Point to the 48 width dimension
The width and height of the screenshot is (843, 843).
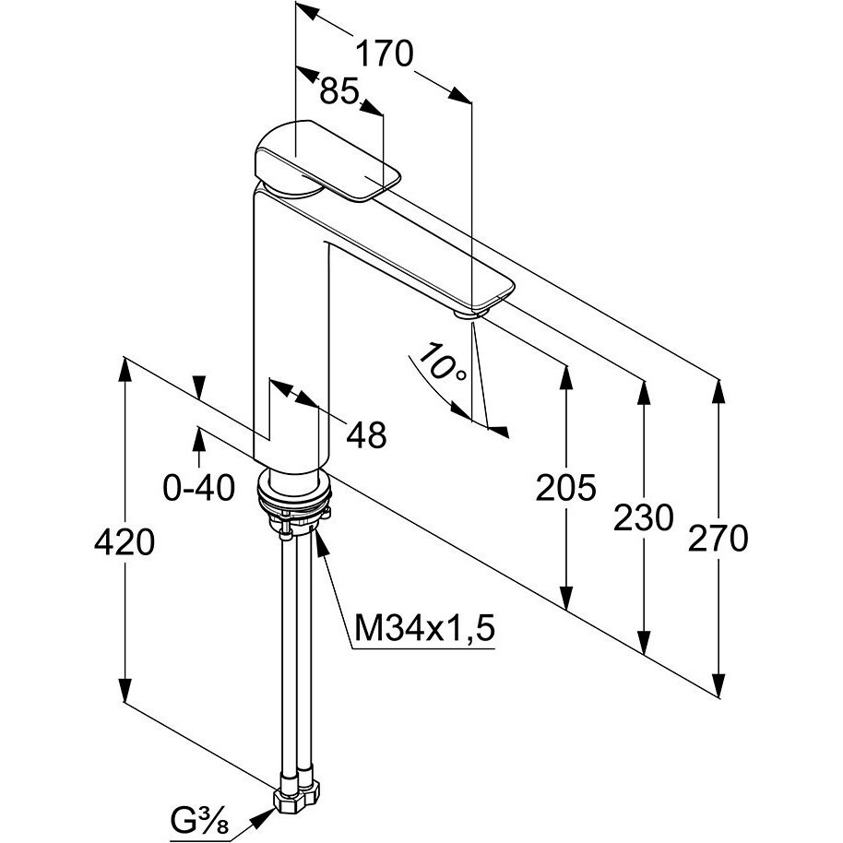[366, 434]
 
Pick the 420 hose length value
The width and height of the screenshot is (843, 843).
[125, 542]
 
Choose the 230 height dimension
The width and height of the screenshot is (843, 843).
[644, 517]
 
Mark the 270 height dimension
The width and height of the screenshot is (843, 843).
[718, 537]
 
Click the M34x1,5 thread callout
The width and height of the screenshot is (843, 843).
[425, 630]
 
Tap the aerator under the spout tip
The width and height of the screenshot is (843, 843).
[470, 315]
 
